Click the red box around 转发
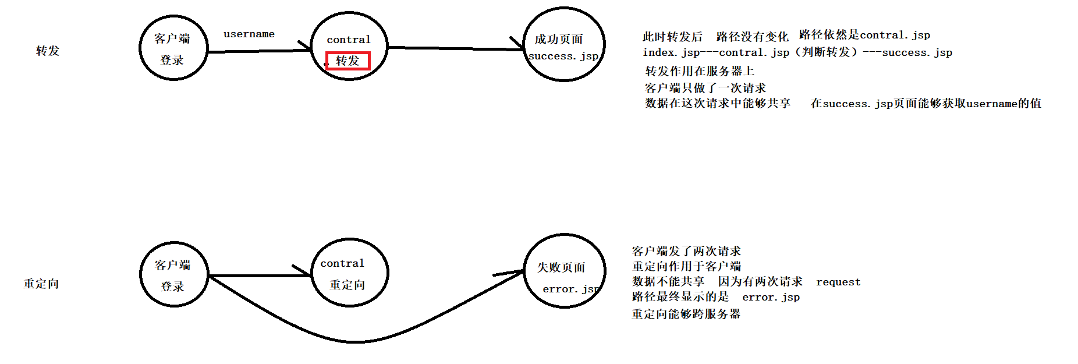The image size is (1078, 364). tap(347, 61)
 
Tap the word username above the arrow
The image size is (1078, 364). tap(249, 34)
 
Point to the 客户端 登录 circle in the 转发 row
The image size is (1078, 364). tap(173, 48)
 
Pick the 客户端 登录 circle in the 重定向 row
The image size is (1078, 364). tap(173, 274)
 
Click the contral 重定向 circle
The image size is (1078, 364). tap(349, 273)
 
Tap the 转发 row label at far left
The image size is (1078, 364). tap(48, 51)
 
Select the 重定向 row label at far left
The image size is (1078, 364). tap(41, 284)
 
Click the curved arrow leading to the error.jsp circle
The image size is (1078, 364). tap(355, 341)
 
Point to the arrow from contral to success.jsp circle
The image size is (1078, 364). tap(454, 48)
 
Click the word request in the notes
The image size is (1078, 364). tap(838, 282)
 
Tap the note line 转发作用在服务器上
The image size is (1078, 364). tap(700, 71)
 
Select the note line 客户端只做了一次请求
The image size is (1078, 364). tap(705, 88)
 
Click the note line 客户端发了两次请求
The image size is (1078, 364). tap(686, 251)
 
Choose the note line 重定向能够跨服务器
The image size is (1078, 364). tap(686, 314)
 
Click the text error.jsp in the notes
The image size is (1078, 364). tap(771, 297)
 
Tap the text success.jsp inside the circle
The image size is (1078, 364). tap(563, 56)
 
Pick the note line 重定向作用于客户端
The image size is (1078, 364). tap(686, 266)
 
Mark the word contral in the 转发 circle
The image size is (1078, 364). tap(348, 40)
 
